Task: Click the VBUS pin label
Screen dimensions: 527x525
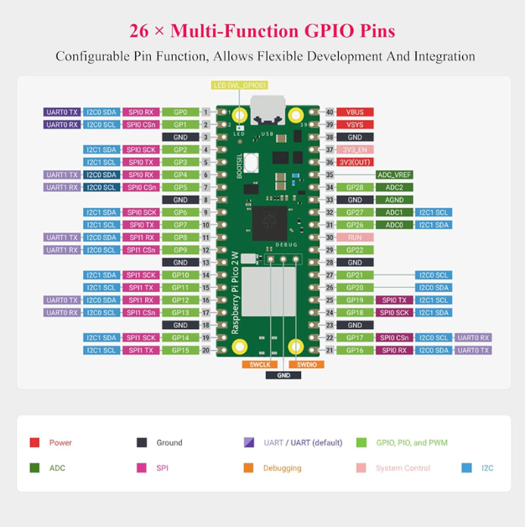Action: tap(355, 112)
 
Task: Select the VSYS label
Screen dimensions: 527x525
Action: tap(355, 125)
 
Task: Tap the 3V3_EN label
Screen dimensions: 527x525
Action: tap(355, 150)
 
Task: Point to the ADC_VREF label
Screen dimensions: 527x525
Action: tap(394, 175)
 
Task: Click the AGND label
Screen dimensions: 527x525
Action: tap(394, 200)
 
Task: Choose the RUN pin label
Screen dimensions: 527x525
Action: tap(355, 237)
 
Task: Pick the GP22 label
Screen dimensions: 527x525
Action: tap(355, 250)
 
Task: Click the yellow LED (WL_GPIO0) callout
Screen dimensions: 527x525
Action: tap(240, 86)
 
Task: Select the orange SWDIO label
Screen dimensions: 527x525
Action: tap(307, 364)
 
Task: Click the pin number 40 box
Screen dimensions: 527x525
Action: tap(330, 112)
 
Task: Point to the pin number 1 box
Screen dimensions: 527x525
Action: tap(205, 112)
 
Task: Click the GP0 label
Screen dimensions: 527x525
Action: tap(180, 112)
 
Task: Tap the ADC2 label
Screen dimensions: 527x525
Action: tap(394, 187)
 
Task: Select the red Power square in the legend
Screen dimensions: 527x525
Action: tap(34, 442)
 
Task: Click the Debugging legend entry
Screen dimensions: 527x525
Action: tap(282, 468)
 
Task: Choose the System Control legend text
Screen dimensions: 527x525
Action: tap(403, 468)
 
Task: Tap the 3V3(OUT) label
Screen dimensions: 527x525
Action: tap(355, 162)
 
